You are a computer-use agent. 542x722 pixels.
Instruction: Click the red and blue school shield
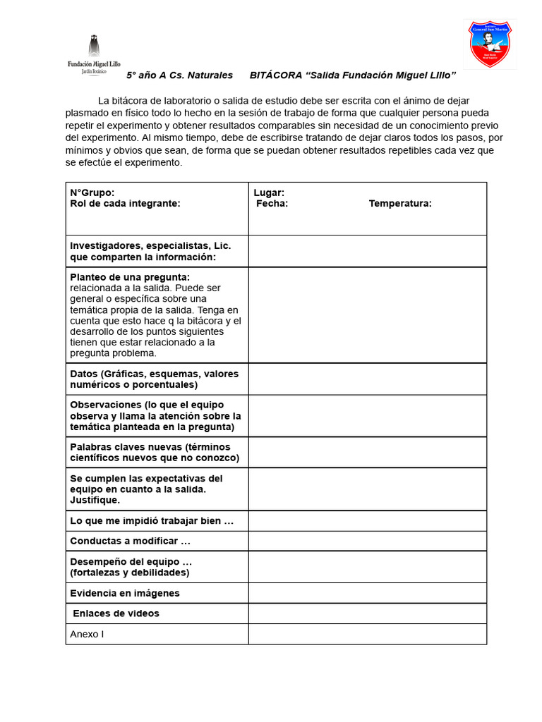tap(490, 44)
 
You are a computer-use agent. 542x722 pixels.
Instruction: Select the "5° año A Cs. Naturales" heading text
tap(179, 75)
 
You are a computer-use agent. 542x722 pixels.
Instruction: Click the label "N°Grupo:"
tap(92, 192)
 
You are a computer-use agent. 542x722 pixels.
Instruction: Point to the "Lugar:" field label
tap(269, 192)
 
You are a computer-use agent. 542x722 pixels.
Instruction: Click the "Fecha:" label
tap(272, 204)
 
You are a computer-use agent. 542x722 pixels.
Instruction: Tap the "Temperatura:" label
tap(400, 204)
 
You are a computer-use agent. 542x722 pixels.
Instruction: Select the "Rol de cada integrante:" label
tap(125, 204)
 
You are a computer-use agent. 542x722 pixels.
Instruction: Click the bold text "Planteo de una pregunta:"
tap(130, 277)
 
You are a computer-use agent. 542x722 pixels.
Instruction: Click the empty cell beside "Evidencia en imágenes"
tap(367, 593)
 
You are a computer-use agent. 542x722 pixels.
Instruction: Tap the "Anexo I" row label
tap(87, 634)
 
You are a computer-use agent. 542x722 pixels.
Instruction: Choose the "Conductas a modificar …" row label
tap(131, 541)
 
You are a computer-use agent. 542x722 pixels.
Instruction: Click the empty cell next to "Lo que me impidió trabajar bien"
tap(367, 521)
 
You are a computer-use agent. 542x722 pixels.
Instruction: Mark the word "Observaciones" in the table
tap(106, 405)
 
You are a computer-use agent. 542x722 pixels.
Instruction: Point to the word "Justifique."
tap(95, 500)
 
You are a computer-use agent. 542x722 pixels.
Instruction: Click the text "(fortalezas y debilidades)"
tap(130, 573)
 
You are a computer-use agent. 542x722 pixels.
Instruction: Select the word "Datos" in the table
tap(84, 374)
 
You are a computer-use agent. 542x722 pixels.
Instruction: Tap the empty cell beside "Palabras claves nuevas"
tap(367, 452)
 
